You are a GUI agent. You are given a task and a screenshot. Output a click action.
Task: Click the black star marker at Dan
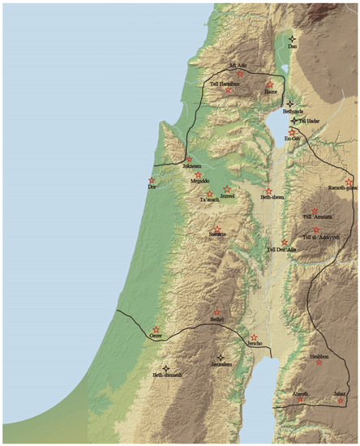click(293, 39)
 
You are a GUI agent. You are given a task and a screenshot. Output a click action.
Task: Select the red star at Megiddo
click(199, 174)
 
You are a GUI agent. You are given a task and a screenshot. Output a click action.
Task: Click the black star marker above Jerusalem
click(220, 358)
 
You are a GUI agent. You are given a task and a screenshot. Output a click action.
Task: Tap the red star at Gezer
click(156, 330)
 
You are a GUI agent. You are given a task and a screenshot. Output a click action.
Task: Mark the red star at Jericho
click(254, 337)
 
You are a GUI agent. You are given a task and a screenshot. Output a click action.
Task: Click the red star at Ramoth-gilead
click(349, 182)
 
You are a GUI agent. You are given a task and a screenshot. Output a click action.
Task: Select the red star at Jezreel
click(227, 189)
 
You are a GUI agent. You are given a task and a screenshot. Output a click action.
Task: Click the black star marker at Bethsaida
click(290, 104)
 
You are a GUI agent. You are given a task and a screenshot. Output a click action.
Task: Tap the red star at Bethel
click(216, 312)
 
